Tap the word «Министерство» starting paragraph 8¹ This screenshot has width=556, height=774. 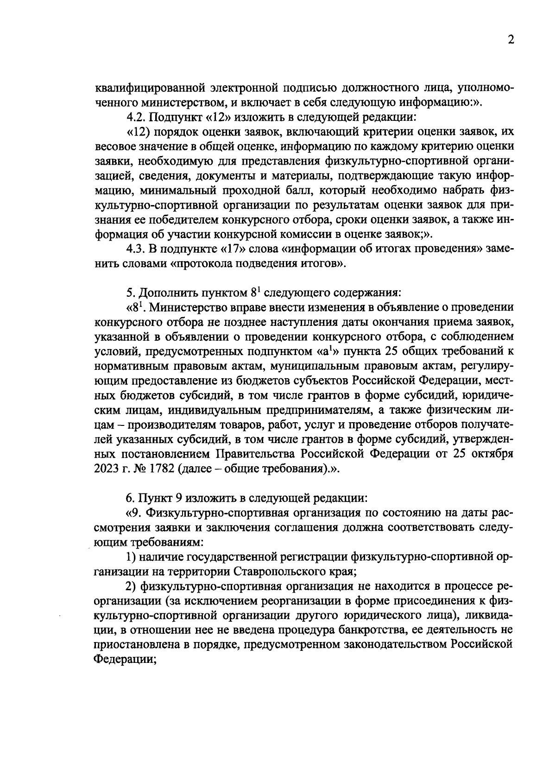pos(186,307)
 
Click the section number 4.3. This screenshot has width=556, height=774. pos(135,250)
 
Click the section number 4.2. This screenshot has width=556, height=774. pos(135,117)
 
